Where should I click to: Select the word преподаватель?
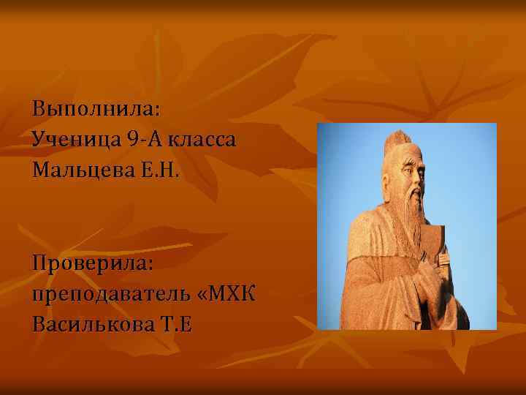click(x=110, y=294)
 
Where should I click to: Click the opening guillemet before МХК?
click(x=202, y=295)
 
